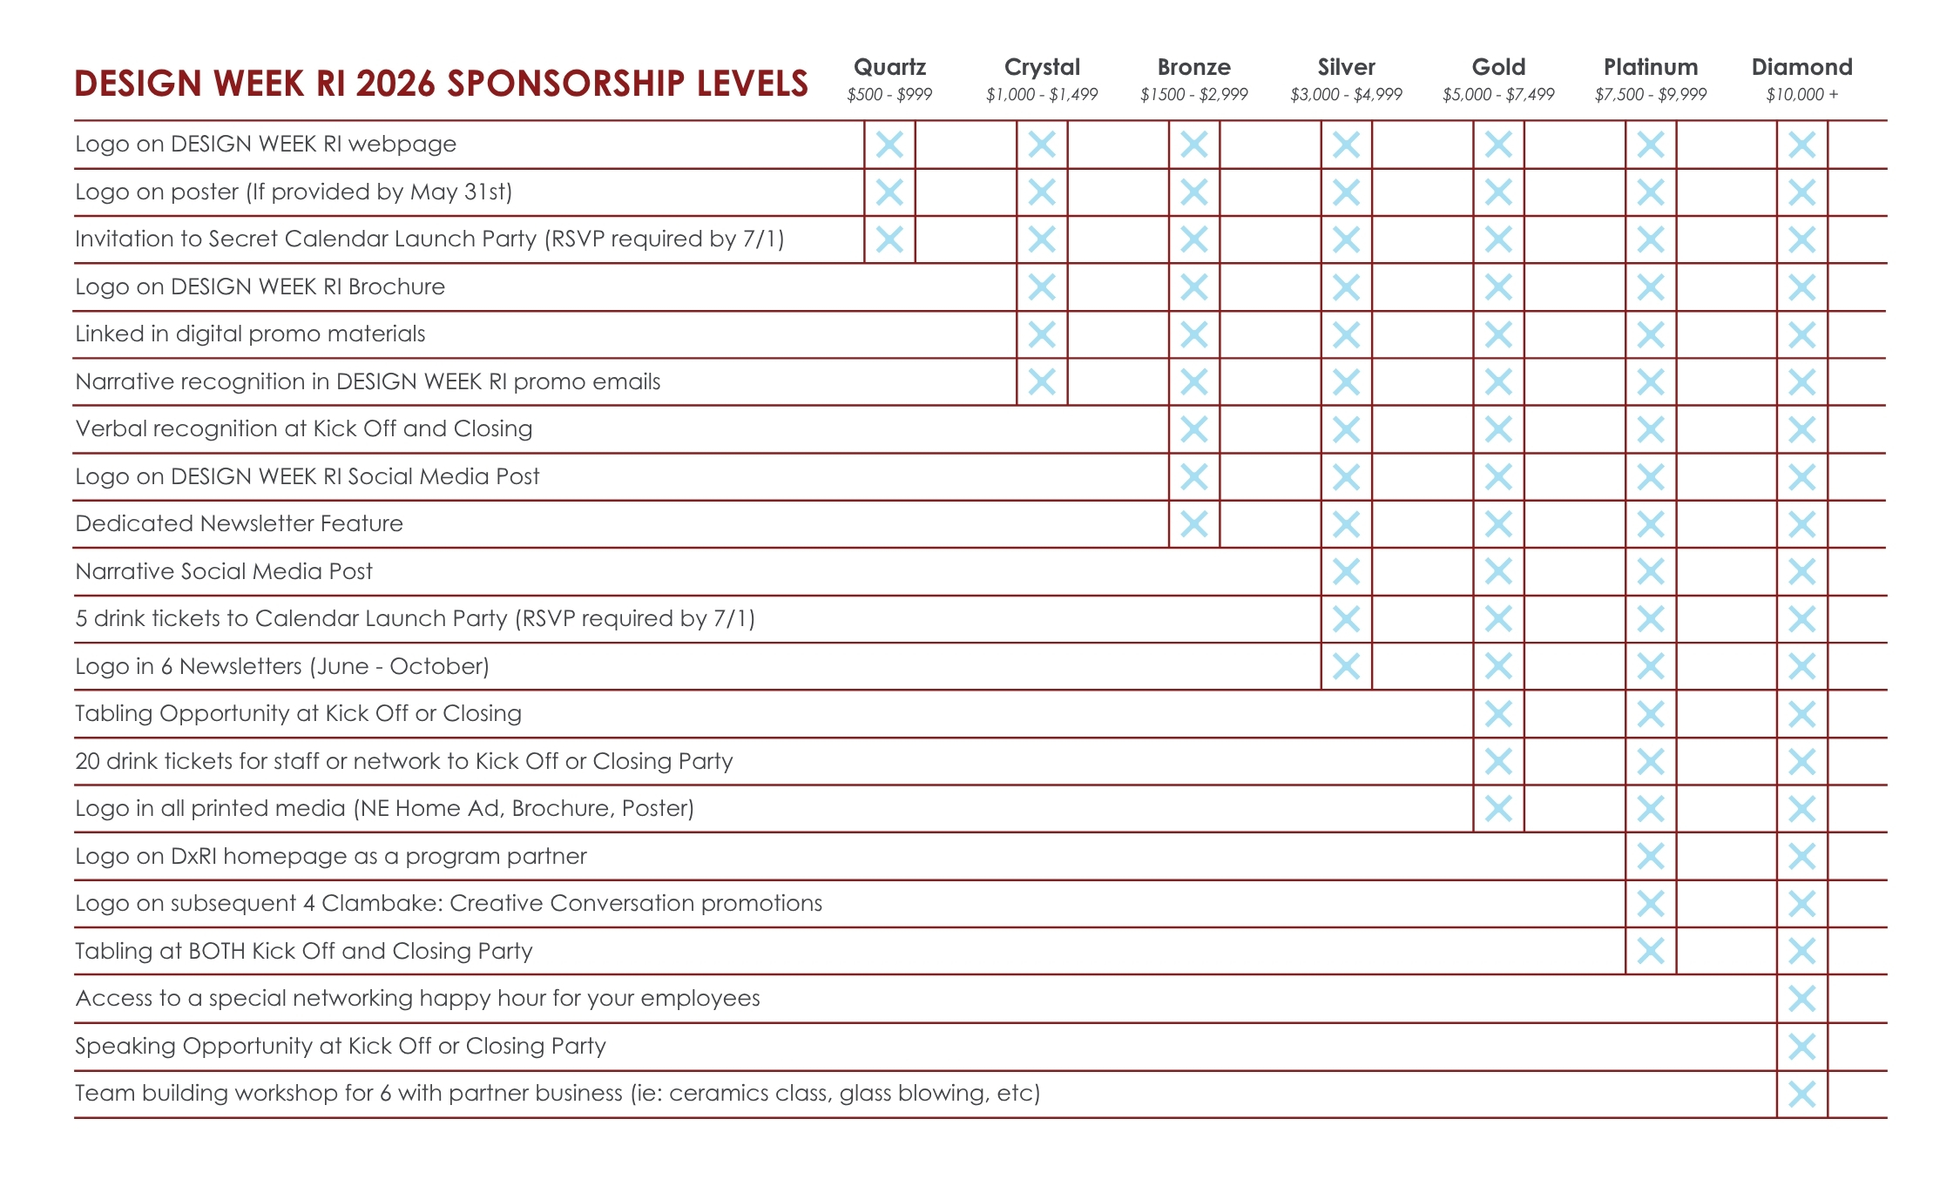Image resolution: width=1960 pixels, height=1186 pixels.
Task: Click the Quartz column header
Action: click(x=889, y=67)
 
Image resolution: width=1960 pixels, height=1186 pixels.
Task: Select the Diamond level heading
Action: click(x=1801, y=67)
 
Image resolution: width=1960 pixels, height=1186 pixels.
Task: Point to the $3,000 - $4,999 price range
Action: click(x=1346, y=95)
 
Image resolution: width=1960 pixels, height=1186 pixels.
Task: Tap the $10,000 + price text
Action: click(x=1801, y=95)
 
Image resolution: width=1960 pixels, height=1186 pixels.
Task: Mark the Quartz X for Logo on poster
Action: click(x=889, y=192)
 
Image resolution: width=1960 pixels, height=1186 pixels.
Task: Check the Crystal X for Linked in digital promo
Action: click(x=1042, y=334)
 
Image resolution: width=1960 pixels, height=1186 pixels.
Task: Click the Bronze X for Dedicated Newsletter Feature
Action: click(x=1193, y=524)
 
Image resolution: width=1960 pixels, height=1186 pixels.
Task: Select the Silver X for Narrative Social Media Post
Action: click(x=1346, y=572)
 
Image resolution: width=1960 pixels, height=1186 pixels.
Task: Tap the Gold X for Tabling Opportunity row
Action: click(x=1498, y=714)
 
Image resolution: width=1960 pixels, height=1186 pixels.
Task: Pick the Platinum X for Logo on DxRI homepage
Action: click(x=1651, y=857)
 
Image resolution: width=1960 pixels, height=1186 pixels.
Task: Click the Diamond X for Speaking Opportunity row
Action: click(x=1801, y=1047)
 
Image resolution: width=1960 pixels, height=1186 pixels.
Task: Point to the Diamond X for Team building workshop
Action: click(x=1801, y=1094)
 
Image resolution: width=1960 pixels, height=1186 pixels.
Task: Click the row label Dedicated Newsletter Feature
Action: click(x=240, y=523)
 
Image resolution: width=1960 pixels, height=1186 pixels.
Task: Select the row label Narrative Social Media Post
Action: click(x=224, y=571)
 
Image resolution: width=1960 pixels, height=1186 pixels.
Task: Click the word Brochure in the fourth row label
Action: click(x=396, y=286)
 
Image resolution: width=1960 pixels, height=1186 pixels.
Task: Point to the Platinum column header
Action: click(x=1651, y=67)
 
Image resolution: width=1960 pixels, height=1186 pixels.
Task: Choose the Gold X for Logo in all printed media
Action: click(x=1498, y=809)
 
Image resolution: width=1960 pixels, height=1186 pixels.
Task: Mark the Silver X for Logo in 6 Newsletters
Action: click(x=1346, y=667)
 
